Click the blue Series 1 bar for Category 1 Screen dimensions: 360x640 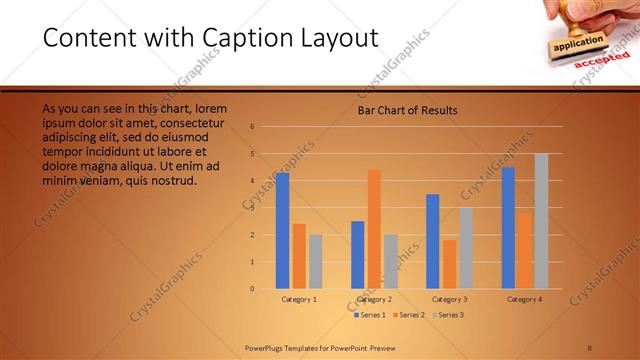(x=282, y=231)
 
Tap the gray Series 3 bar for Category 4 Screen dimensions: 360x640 (x=541, y=221)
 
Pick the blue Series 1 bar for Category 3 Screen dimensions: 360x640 (x=433, y=241)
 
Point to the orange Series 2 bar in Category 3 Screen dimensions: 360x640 (x=449, y=264)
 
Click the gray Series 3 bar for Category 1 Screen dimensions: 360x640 (x=315, y=262)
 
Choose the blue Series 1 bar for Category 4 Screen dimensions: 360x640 (x=509, y=228)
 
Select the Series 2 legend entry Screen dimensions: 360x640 (x=410, y=315)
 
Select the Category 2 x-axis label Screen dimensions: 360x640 (x=373, y=299)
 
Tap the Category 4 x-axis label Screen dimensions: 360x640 (x=524, y=299)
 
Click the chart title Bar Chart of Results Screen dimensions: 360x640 (x=407, y=110)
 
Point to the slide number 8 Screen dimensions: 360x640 (x=590, y=347)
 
